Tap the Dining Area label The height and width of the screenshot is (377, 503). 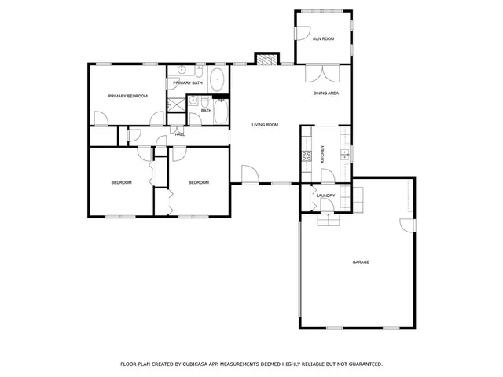(326, 93)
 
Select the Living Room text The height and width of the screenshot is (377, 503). (265, 125)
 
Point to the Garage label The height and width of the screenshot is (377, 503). (361, 262)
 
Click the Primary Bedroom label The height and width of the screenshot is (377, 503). (128, 96)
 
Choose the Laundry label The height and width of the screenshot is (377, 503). (326, 196)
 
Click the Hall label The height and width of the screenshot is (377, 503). (179, 134)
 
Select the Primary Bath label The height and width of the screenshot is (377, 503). (188, 83)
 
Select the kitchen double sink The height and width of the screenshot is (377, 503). (344, 154)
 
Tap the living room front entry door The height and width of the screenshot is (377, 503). (250, 174)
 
